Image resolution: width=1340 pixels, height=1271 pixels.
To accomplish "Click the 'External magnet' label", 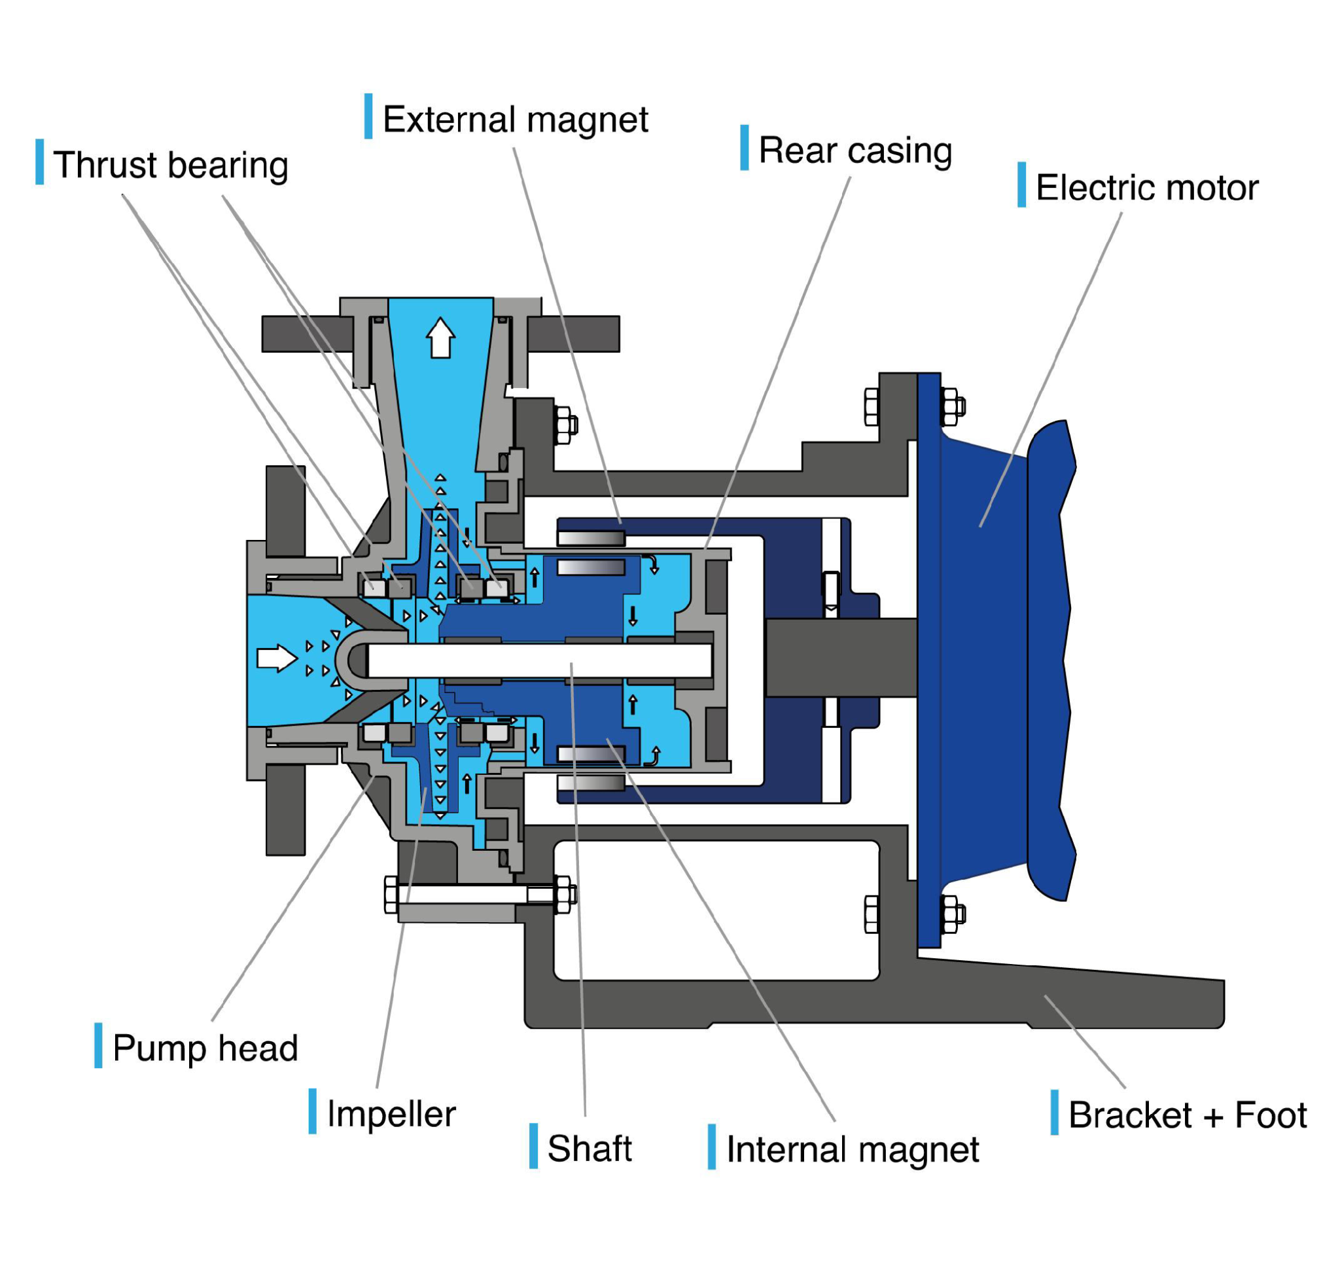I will pyautogui.click(x=515, y=119).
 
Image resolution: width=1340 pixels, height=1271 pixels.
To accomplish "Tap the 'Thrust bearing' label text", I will pyautogui.click(x=171, y=165).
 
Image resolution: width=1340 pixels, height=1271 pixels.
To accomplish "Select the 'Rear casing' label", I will pyautogui.click(x=855, y=150).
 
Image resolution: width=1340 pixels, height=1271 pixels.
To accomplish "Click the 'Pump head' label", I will pyautogui.click(x=205, y=1048).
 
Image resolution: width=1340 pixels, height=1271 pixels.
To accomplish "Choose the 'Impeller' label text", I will pyautogui.click(x=391, y=1114).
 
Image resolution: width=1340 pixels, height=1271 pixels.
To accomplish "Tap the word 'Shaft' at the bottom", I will pyautogui.click(x=589, y=1149).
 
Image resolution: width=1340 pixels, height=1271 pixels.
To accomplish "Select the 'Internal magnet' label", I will pyautogui.click(x=853, y=1150).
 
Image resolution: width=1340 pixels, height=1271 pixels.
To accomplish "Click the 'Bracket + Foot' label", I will pyautogui.click(x=1187, y=1115).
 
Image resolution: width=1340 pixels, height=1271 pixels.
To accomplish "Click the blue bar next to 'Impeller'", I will pyautogui.click(x=312, y=1111).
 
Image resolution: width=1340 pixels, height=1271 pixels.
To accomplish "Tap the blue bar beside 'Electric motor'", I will pyautogui.click(x=1021, y=185).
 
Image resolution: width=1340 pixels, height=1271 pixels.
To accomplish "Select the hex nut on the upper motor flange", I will pyautogui.click(x=952, y=406).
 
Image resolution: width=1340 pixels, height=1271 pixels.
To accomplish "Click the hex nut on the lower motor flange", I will pyautogui.click(x=952, y=914).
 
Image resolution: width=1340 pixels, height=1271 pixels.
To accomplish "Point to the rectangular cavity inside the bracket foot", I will pyautogui.click(x=716, y=910).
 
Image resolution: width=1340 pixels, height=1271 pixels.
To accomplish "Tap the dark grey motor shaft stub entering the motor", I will pyautogui.click(x=840, y=657).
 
